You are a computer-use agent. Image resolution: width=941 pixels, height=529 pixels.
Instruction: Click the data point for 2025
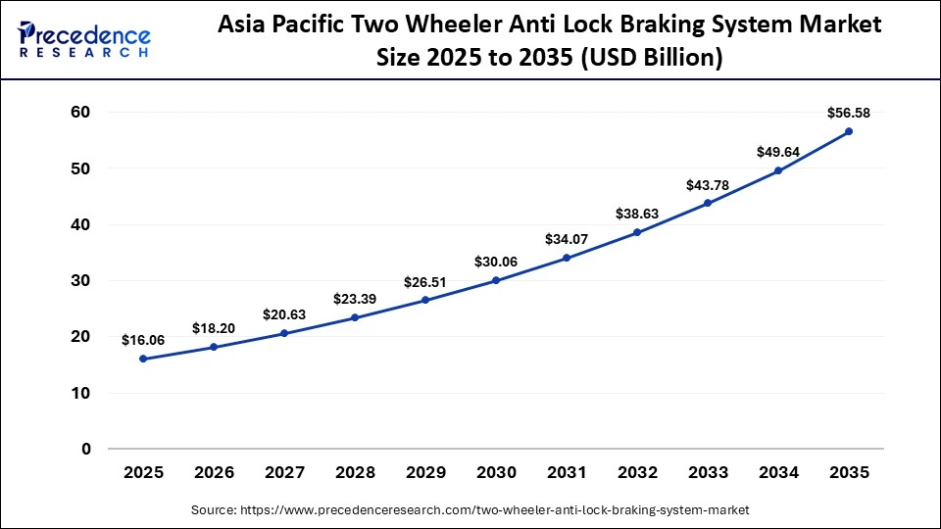click(143, 359)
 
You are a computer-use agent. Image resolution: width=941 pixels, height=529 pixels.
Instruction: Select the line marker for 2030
click(496, 280)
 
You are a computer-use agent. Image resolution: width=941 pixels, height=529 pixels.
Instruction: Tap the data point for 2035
click(849, 131)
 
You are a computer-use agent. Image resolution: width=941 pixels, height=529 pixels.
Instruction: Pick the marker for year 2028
click(355, 317)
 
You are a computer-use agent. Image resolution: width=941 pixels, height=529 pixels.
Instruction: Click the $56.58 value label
click(849, 112)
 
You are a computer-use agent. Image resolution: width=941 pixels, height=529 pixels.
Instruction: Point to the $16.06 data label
click(143, 340)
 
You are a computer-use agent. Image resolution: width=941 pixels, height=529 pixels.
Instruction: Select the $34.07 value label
click(567, 238)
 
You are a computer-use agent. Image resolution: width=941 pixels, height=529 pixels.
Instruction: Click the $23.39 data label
click(355, 298)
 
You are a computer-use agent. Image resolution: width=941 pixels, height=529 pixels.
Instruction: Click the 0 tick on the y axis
click(86, 450)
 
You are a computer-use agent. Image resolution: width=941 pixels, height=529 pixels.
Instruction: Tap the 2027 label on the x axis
click(284, 472)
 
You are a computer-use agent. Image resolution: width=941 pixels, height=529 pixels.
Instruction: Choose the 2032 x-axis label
click(637, 472)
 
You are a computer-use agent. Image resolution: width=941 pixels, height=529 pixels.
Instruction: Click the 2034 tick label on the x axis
click(778, 472)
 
